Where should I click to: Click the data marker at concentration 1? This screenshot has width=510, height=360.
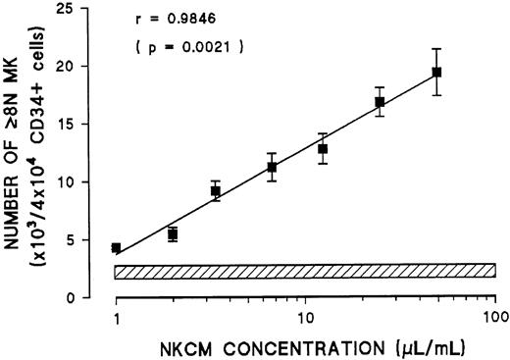click(x=117, y=248)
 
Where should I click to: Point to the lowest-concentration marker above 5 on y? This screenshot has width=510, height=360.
click(x=173, y=234)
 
